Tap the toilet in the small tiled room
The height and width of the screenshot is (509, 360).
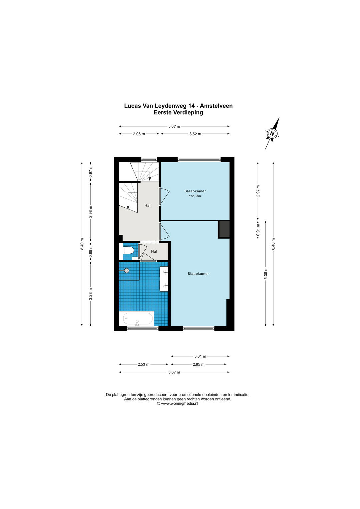pos(128,251)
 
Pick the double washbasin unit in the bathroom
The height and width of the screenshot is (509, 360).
pos(164,279)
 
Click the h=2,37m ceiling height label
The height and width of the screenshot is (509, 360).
pos(195,196)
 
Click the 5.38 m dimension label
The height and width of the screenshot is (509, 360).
pos(266,274)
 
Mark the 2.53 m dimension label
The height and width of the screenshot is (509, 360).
pos(143,364)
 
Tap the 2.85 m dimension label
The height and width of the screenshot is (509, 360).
pos(199,364)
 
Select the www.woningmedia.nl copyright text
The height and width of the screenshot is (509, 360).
pos(177,404)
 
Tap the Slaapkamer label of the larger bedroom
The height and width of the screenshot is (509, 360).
pos(198,274)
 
